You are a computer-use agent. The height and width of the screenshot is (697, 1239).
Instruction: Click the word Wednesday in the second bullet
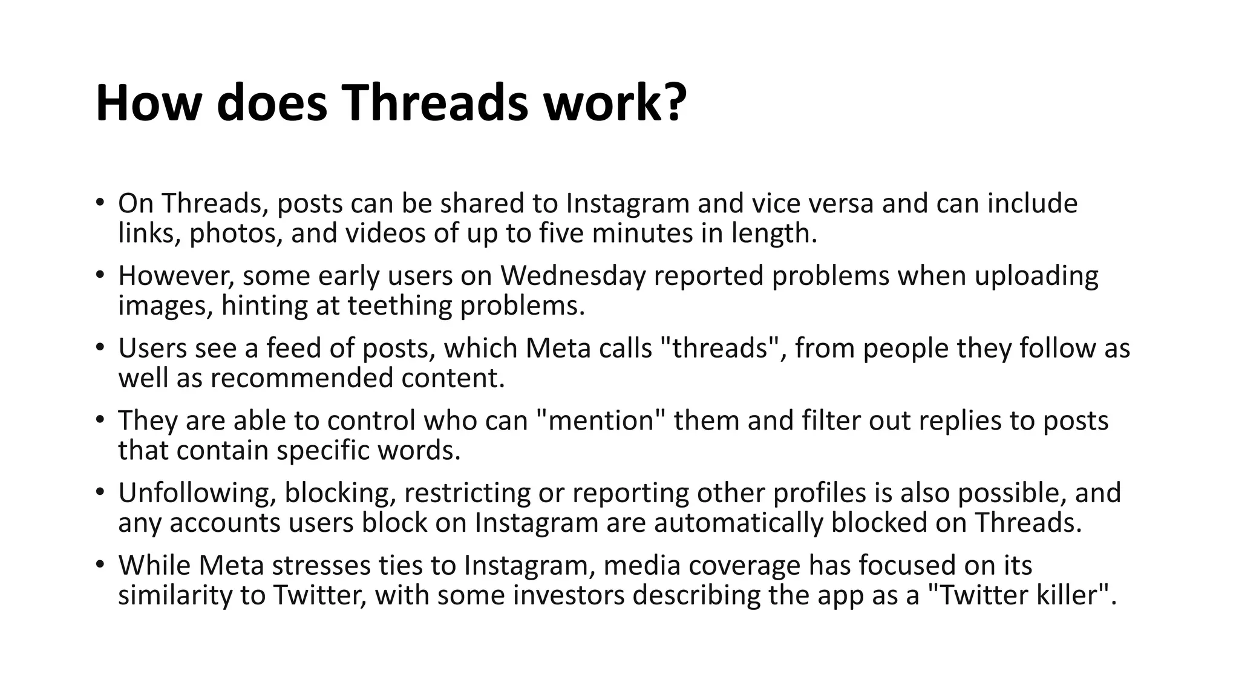click(x=573, y=276)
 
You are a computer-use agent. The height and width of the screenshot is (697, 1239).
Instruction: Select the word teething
click(x=399, y=306)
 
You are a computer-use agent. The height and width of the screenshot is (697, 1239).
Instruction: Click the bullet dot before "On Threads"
click(x=100, y=201)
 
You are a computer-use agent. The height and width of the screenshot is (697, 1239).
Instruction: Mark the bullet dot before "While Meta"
click(x=100, y=564)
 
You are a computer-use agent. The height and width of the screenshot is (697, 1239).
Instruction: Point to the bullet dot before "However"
click(x=100, y=274)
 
